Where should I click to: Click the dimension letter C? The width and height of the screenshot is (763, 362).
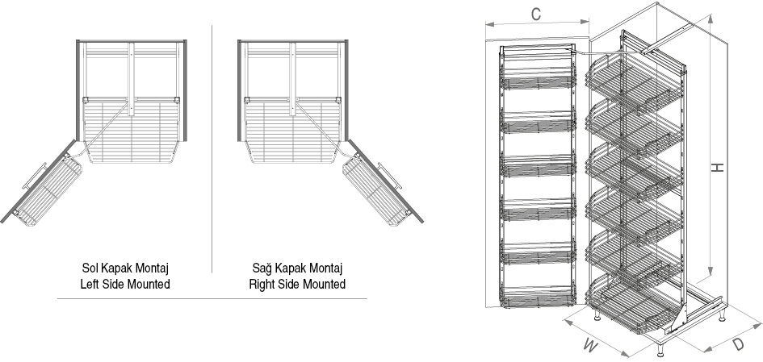535,15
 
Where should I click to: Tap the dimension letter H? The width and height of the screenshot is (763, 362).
718,168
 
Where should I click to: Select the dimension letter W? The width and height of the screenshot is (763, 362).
591,346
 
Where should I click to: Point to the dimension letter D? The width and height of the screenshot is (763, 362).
738,344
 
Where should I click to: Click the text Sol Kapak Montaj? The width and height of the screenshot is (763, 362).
125,268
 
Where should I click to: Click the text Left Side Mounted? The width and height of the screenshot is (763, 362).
125,285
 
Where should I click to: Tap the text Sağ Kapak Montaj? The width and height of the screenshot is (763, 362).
297,268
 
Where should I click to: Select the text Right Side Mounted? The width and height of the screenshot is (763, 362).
297,285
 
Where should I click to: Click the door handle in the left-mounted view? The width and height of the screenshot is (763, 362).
34,176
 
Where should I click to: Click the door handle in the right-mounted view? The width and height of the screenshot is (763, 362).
390,176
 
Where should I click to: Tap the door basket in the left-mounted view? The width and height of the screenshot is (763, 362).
48,190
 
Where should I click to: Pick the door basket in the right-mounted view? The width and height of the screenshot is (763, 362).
376,190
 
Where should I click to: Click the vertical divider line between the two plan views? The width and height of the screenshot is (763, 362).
212,148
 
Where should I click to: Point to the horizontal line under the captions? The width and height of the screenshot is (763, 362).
212,299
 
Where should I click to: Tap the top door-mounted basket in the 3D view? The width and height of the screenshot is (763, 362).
539,82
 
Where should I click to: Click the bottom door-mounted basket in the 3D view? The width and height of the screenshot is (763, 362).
539,298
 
